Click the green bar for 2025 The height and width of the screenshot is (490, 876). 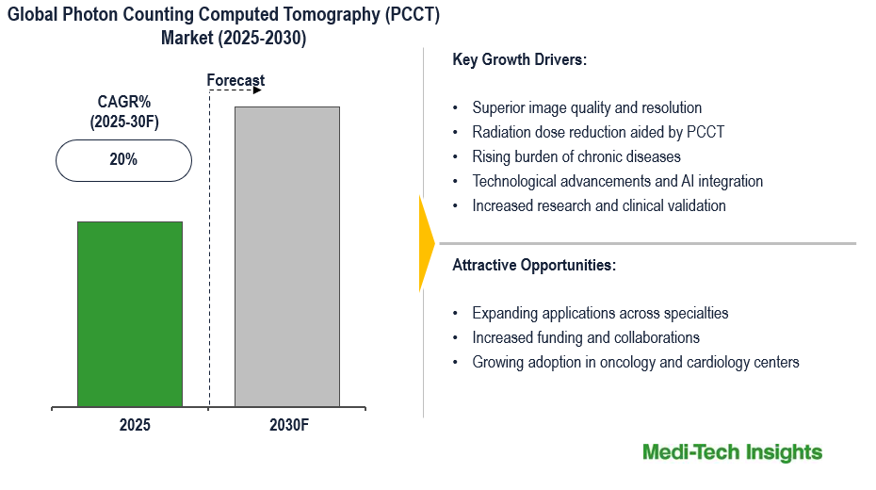(130, 314)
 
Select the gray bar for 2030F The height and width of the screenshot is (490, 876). (286, 256)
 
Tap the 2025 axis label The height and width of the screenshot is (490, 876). (135, 425)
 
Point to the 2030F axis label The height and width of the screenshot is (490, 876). (288, 425)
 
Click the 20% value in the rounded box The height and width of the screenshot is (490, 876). (123, 160)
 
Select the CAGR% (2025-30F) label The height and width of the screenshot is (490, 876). (122, 111)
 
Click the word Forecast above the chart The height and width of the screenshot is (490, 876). (235, 81)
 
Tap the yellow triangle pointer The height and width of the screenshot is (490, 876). (426, 243)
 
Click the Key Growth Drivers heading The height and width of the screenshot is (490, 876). (519, 59)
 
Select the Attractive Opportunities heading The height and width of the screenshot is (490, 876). (534, 265)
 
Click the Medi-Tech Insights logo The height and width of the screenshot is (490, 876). (732, 452)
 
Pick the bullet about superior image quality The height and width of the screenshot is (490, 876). (587, 107)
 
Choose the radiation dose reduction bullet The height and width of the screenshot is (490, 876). (598, 132)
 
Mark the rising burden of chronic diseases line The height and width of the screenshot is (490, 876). (576, 156)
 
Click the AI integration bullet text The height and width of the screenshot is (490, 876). (617, 181)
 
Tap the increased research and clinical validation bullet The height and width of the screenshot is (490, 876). (599, 205)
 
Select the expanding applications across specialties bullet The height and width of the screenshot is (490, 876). (600, 313)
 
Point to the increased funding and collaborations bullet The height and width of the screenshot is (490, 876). (586, 337)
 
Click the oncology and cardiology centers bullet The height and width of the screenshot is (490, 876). (636, 362)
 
